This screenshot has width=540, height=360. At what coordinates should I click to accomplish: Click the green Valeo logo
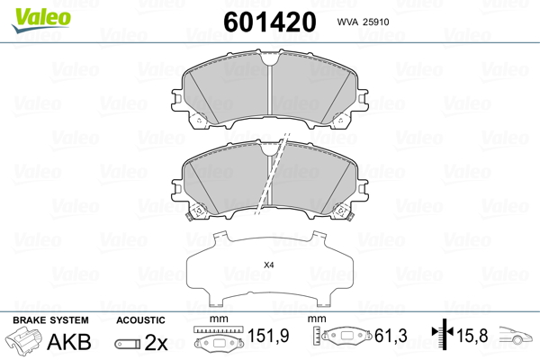pyautogui.click(x=41, y=20)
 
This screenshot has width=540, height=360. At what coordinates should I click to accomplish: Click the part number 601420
pyautogui.click(x=270, y=22)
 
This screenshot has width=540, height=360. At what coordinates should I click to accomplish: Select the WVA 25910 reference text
pyautogui.click(x=363, y=22)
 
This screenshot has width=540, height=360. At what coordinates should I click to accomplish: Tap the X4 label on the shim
pyautogui.click(x=268, y=265)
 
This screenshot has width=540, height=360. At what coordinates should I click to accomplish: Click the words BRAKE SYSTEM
pyautogui.click(x=50, y=320)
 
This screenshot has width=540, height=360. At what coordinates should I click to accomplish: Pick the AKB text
pyautogui.click(x=69, y=342)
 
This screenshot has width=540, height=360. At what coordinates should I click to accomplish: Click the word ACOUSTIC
pyautogui.click(x=140, y=320)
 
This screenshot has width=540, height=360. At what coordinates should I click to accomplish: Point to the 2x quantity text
pyautogui.click(x=156, y=342)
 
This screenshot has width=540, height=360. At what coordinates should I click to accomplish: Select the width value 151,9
pyautogui.click(x=268, y=335)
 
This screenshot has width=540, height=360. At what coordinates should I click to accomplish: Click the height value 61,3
pyautogui.click(x=391, y=336)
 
